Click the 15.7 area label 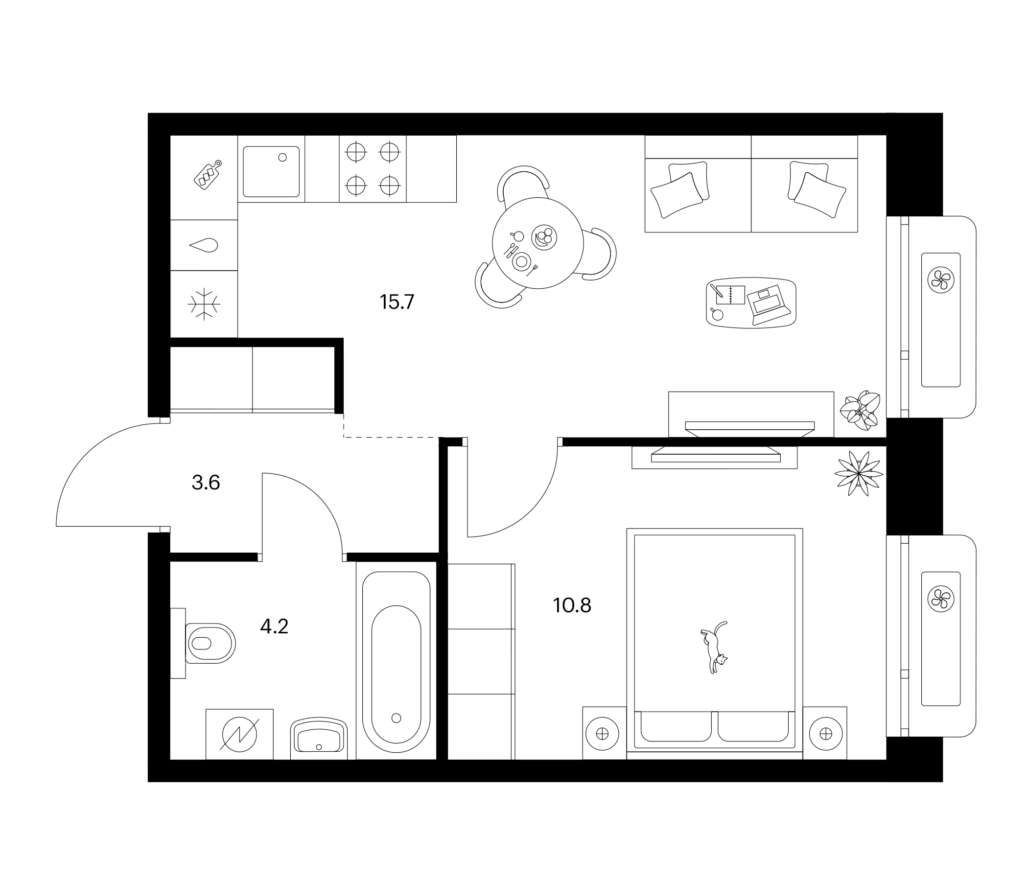pos(397,302)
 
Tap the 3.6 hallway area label pos(206,482)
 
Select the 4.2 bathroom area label pos(274,626)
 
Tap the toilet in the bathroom pos(210,644)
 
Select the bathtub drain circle pos(396,718)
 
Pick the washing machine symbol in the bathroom pos(240,735)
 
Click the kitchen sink pos(271,172)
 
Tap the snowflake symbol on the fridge pos(204,303)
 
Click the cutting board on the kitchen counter pos(208,175)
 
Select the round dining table pos(537,243)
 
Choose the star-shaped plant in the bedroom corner pos(859,474)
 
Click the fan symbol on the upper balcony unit pos(941,279)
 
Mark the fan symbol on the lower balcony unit pos(941,599)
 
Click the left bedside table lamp pos(602,734)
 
